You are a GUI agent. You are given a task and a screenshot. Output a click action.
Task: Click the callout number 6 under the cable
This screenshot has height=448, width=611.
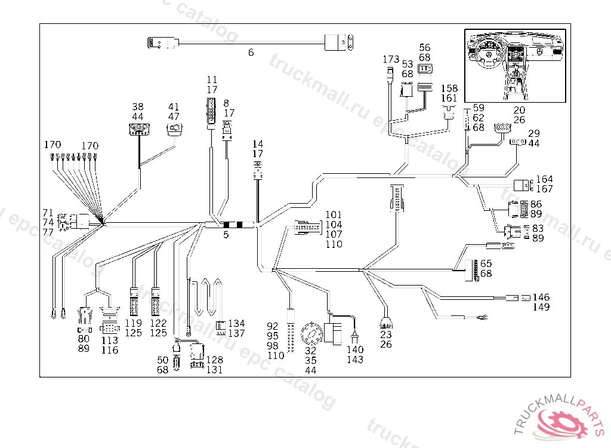coord(251,53)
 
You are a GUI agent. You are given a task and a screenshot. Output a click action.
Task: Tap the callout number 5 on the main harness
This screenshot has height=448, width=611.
coord(226,235)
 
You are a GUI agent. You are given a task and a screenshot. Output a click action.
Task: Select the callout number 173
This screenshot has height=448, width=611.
coord(391,60)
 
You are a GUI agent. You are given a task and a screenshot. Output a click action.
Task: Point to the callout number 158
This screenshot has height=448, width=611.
coord(449,88)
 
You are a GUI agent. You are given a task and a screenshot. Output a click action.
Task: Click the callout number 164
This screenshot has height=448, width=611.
coord(544,179)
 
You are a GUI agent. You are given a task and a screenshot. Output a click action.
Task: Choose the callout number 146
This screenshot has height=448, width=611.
coord(541,297)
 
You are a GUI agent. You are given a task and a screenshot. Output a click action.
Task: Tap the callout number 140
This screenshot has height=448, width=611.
coord(354,350)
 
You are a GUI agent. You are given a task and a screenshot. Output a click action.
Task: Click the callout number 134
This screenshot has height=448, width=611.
coord(236,324)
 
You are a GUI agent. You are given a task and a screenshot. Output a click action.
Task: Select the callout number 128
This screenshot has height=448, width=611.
coord(215,360)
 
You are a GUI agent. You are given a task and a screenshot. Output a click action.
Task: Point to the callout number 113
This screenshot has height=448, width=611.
coord(110,340)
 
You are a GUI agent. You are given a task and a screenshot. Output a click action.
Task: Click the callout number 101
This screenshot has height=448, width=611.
coord(334,215)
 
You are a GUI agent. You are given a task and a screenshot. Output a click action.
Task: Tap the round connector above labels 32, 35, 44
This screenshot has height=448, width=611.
coord(311,333)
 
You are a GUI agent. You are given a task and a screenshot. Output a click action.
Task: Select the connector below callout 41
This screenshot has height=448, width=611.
coord(174,128)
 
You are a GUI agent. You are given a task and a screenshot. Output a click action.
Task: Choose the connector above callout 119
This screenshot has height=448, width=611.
coord(134,302)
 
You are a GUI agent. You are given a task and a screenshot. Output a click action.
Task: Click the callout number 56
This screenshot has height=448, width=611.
coord(424,48)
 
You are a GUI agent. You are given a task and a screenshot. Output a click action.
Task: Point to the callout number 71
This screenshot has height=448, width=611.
coord(48,213)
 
